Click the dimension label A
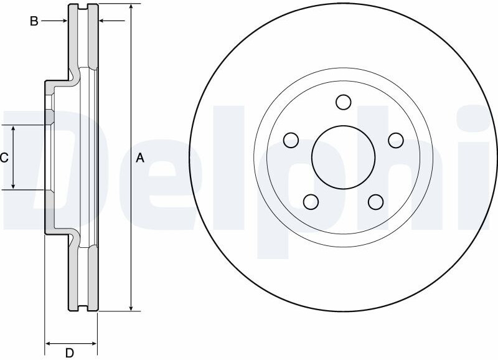coord(140,158)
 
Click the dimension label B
coord(34,21)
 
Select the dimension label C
coord(4,158)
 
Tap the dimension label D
coord(70,353)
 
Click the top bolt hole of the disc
coord(344,102)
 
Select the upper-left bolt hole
coord(291,140)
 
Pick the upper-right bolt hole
coord(396,140)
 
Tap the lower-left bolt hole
coord(311,202)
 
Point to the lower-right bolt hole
coord(376,202)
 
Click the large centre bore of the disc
coord(344,157)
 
